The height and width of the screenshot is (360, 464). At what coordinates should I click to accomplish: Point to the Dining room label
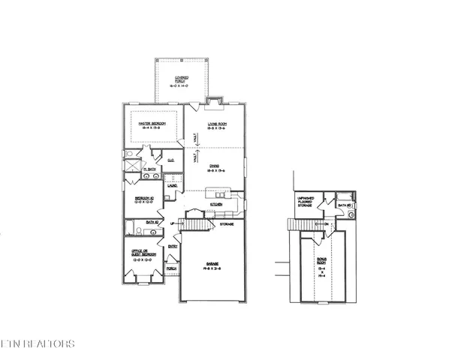(218, 170)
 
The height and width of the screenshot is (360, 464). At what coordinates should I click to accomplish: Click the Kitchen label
(216, 204)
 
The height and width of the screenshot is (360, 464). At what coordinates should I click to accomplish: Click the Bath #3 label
(345, 205)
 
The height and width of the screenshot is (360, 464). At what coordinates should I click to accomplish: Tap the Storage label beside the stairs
(226, 223)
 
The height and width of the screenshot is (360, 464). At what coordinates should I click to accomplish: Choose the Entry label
(173, 247)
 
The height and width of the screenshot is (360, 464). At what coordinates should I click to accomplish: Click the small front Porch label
(171, 268)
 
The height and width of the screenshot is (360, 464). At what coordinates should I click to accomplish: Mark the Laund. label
(171, 186)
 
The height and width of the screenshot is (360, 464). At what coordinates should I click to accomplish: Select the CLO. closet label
(171, 160)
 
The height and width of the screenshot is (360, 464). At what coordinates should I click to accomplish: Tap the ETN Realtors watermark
(38, 344)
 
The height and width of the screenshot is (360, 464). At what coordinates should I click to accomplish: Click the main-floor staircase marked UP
(195, 223)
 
